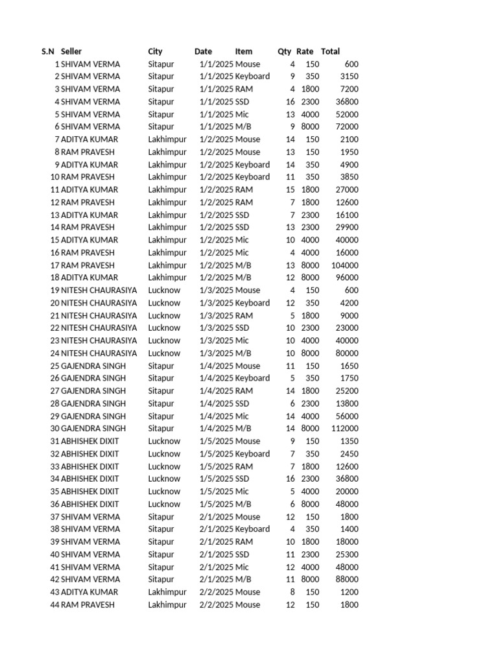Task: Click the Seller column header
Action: pyautogui.click(x=71, y=51)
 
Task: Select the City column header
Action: pyautogui.click(x=155, y=51)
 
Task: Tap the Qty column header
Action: pyautogui.click(x=284, y=51)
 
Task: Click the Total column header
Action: pyautogui.click(x=330, y=51)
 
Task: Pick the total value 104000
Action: pyautogui.click(x=344, y=265)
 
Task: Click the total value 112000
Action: pyautogui.click(x=344, y=429)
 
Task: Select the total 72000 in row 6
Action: pyautogui.click(x=346, y=126)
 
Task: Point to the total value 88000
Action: pyautogui.click(x=346, y=579)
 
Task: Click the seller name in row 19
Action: pyautogui.click(x=99, y=290)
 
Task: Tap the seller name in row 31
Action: pyautogui.click(x=89, y=441)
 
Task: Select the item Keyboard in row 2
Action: pyautogui.click(x=252, y=77)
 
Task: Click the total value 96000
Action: pyautogui.click(x=346, y=278)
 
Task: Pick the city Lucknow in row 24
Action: pyautogui.click(x=164, y=353)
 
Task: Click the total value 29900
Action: pyautogui.click(x=346, y=227)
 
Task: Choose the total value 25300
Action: pyautogui.click(x=346, y=554)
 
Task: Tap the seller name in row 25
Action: pyautogui.click(x=93, y=366)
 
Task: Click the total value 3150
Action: pyautogui.click(x=349, y=77)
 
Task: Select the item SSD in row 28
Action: pyautogui.click(x=242, y=403)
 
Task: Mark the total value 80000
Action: pyautogui.click(x=346, y=353)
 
